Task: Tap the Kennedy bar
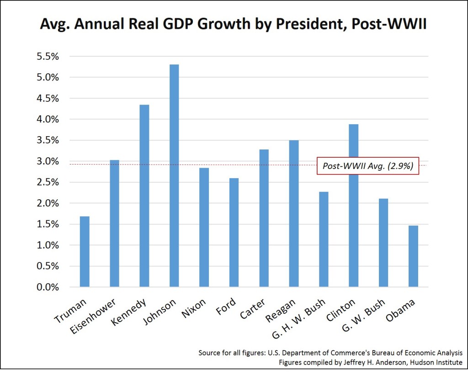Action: [144, 196]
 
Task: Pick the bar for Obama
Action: [413, 256]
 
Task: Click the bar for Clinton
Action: [353, 206]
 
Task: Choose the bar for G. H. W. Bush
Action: [324, 239]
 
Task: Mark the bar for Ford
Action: [234, 233]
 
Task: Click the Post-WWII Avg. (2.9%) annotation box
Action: [368, 166]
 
